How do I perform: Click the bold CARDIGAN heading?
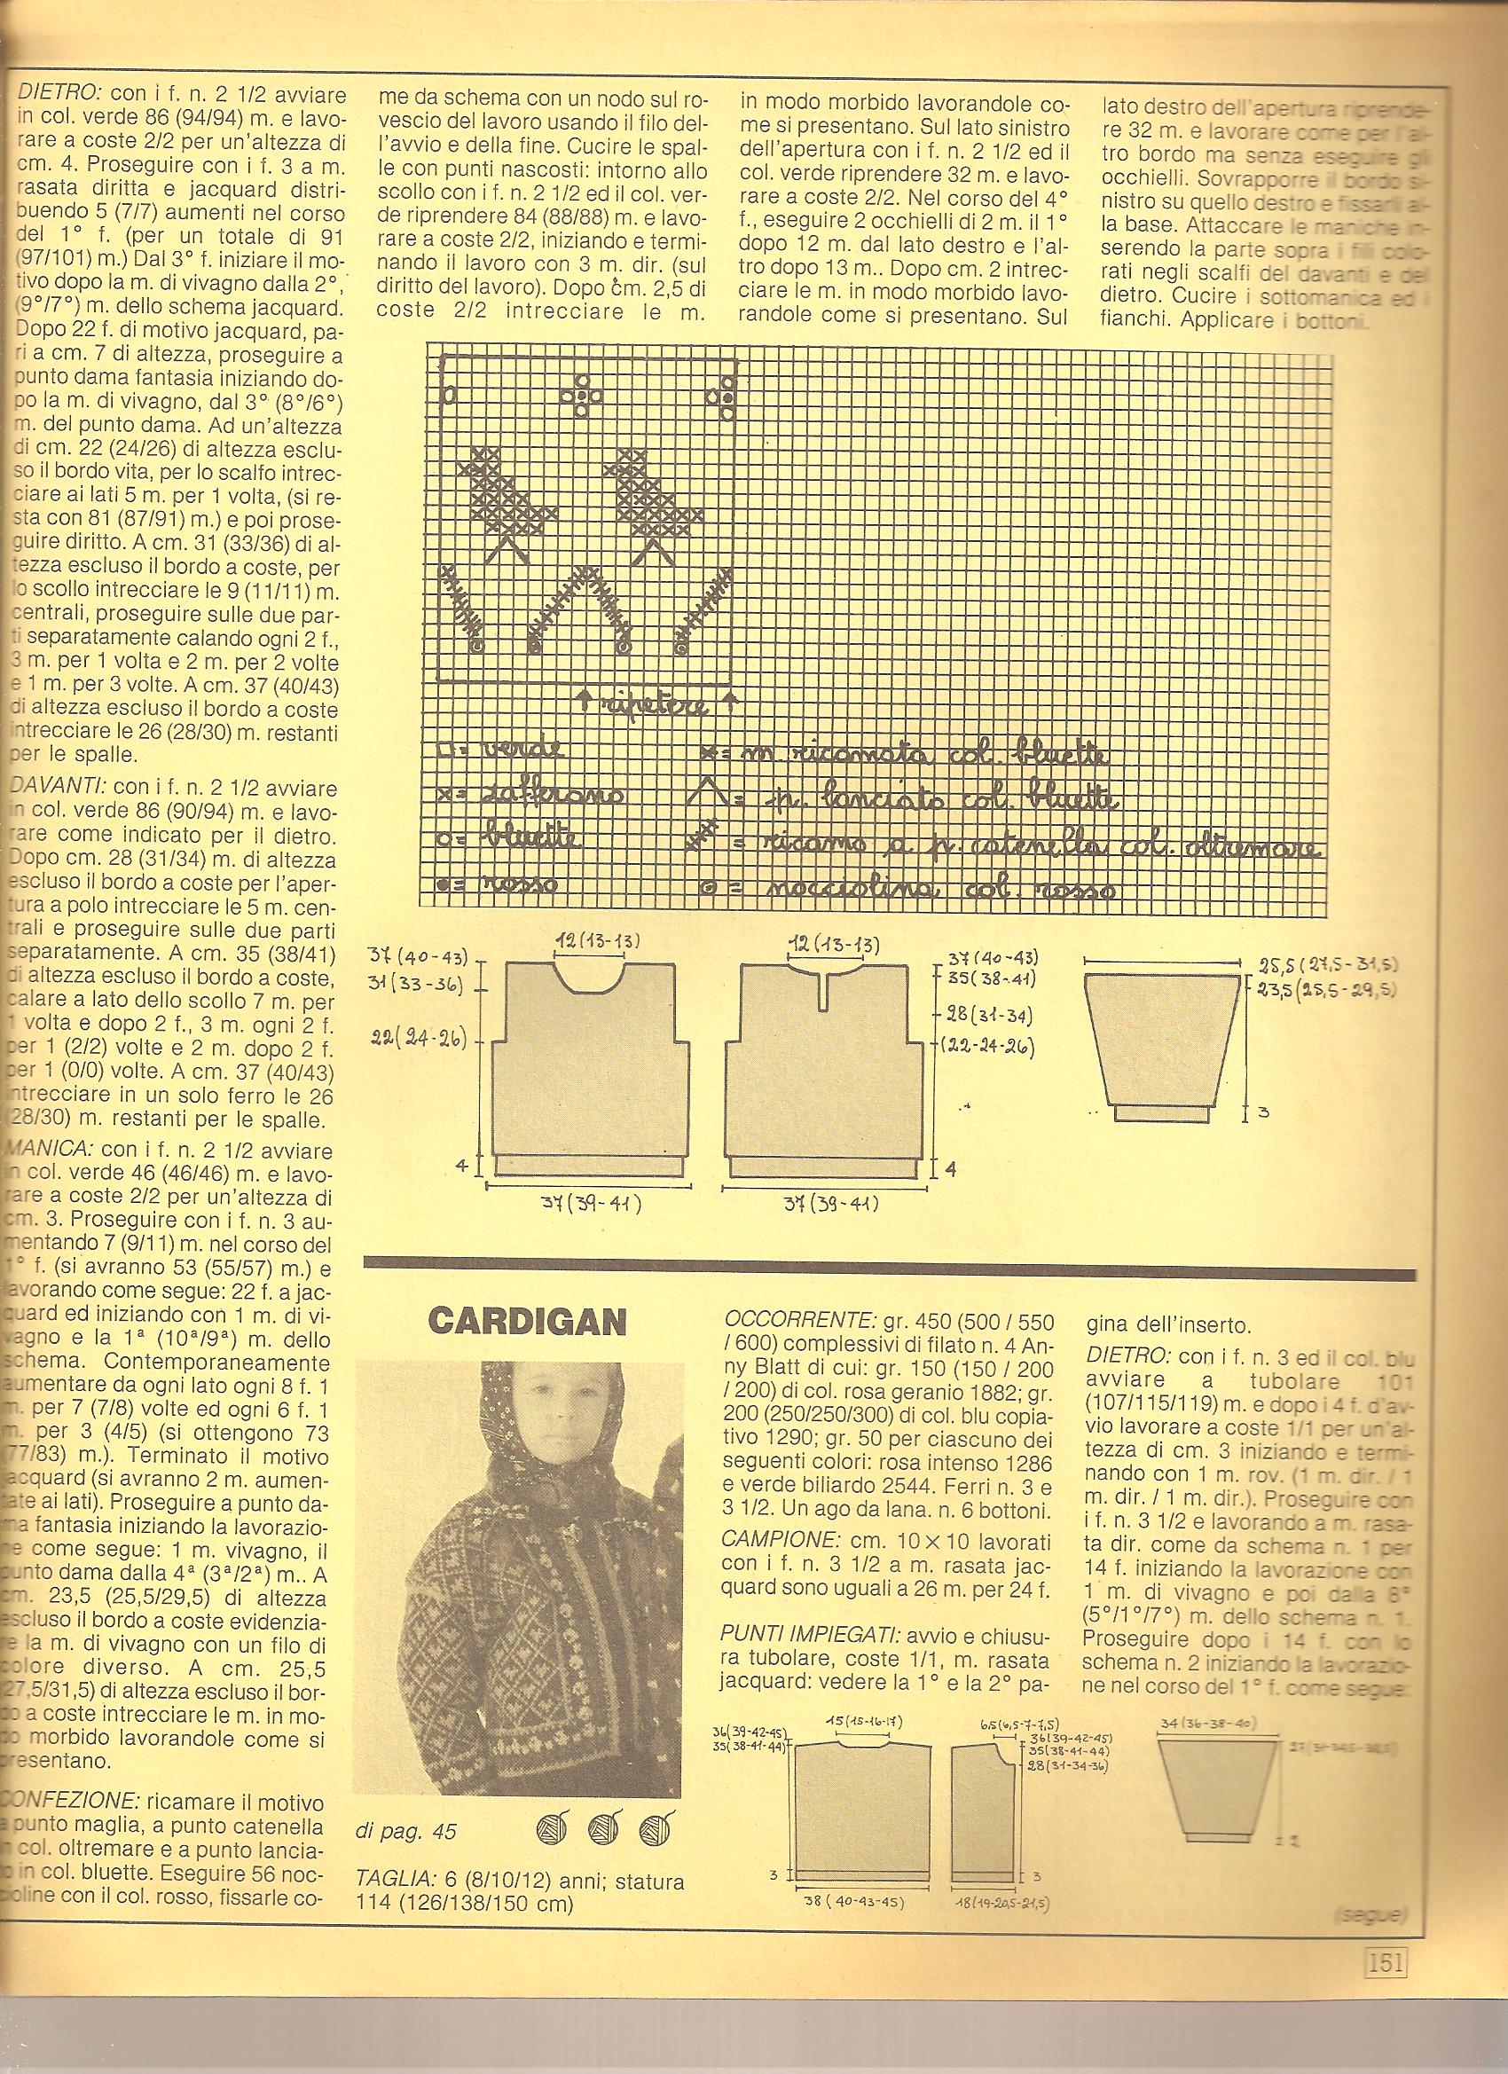[527, 1320]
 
